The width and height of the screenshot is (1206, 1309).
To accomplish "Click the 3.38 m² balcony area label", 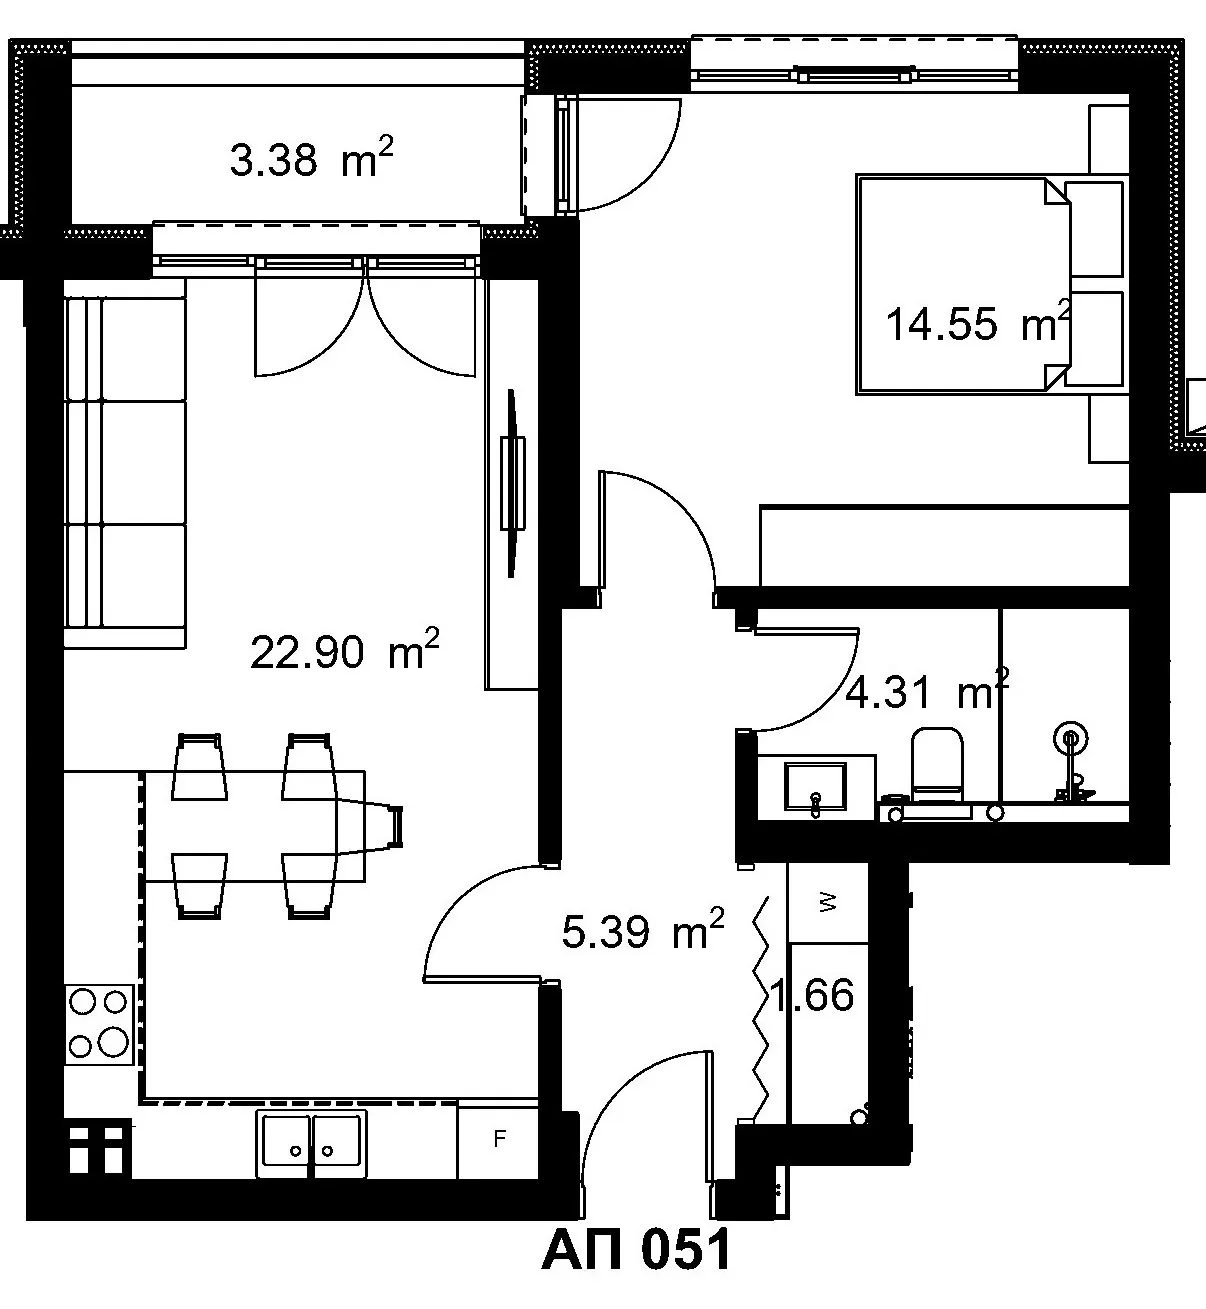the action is click(x=311, y=158).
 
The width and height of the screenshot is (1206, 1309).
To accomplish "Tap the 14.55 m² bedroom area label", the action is click(x=978, y=322).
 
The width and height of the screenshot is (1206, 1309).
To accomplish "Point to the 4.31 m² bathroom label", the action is click(x=927, y=690).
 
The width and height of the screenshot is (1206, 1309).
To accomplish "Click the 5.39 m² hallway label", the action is click(x=643, y=931).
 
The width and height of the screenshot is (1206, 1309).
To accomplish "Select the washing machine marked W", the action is click(x=827, y=902).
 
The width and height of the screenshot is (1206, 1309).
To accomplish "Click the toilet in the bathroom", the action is click(x=936, y=767).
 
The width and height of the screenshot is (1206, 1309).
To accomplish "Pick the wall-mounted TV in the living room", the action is click(x=512, y=483).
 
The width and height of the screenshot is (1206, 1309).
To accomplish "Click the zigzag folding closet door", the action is click(x=761, y=1008).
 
